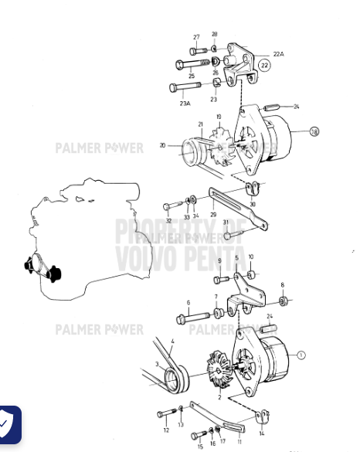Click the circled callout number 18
click(x=314, y=131)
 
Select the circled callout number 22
click(x=265, y=66)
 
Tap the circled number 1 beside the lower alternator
click(x=301, y=355)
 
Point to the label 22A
click(x=278, y=54)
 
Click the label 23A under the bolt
click(x=185, y=103)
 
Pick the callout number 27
click(x=196, y=37)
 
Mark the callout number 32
click(x=168, y=221)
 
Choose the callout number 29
click(x=213, y=215)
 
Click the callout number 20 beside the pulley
click(x=163, y=144)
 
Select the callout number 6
click(x=188, y=303)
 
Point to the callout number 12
click(x=166, y=430)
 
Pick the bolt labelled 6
click(x=193, y=317)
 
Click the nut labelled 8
click(x=284, y=300)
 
